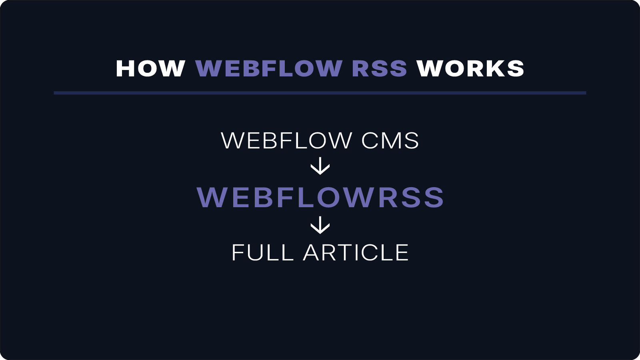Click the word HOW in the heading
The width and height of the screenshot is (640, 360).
pyautogui.click(x=150, y=68)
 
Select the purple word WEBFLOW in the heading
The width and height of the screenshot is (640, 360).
pyautogui.click(x=269, y=68)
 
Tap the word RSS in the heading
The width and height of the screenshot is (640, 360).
pyautogui.click(x=379, y=68)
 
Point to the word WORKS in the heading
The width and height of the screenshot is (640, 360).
pyautogui.click(x=470, y=68)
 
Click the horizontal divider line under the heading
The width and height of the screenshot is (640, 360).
pyautogui.click(x=320, y=93)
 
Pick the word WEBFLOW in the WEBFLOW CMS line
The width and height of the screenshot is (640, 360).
pyautogui.click(x=286, y=141)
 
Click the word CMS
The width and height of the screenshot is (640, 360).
pyautogui.click(x=390, y=141)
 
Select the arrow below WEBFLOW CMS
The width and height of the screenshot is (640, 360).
pyautogui.click(x=320, y=166)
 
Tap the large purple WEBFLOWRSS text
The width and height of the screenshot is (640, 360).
pyautogui.click(x=320, y=197)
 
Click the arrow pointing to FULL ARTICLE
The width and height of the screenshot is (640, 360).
pyautogui.click(x=320, y=225)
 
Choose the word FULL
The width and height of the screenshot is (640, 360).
pyautogui.click(x=262, y=253)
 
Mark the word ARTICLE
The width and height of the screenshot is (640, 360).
pyautogui.click(x=356, y=253)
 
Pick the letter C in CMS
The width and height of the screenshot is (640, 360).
pyautogui.click(x=371, y=141)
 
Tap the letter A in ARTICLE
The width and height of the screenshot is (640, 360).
pyautogui.click(x=313, y=253)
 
